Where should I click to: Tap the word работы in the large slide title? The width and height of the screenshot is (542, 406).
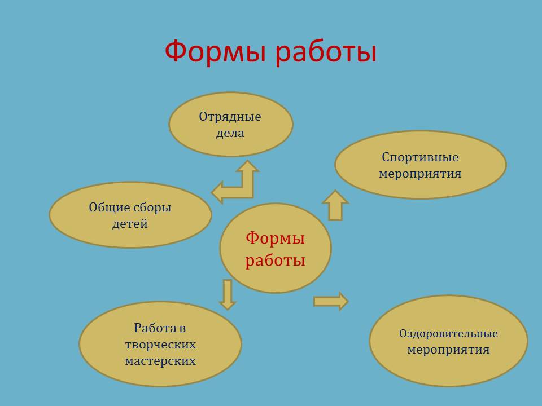coord(326,51)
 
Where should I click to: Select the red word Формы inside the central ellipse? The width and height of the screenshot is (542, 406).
coord(275,238)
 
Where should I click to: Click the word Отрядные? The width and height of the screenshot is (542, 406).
coord(230,117)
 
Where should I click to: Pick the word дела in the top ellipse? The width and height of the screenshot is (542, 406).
coord(230,133)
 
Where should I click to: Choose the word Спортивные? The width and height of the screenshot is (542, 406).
coord(420,158)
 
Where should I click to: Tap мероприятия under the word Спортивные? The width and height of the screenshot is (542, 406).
coord(420,174)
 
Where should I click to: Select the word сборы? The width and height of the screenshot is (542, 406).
coord(152,208)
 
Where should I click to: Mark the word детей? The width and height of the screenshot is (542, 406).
coord(130,224)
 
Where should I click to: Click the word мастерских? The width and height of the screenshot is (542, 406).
coord(160,361)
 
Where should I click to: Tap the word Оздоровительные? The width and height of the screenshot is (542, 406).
coord(448,334)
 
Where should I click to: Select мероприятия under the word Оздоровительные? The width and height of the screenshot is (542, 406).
coord(448,350)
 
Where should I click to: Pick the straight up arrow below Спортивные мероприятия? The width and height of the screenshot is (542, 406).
coord(335,205)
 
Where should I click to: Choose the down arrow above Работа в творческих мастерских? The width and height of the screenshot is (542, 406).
coord(228,294)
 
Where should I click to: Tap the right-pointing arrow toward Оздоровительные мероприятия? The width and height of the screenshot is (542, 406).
coord(331,301)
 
